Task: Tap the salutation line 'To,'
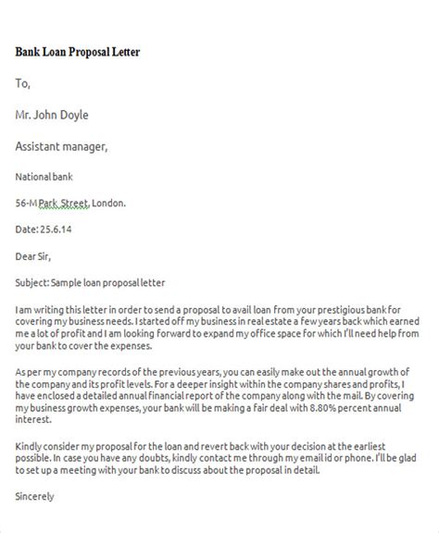click(x=23, y=84)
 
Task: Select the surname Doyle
click(x=94, y=116)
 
